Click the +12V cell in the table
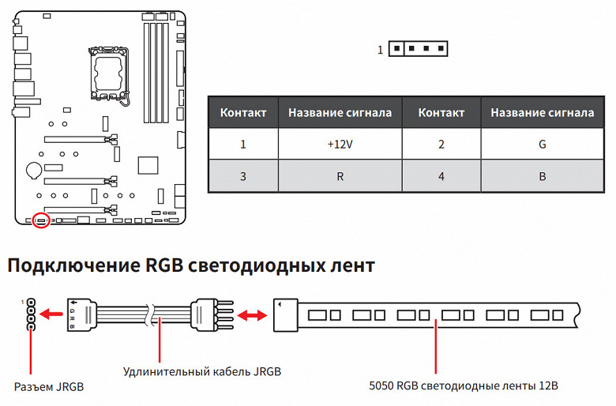click(x=340, y=145)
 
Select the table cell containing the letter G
click(x=542, y=145)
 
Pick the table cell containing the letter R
click(x=340, y=176)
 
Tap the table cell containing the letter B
click(x=542, y=176)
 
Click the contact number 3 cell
click(x=243, y=176)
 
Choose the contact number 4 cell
click(x=441, y=176)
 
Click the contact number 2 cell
click(x=441, y=145)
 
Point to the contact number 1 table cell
click(x=243, y=145)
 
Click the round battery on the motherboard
click(x=34, y=169)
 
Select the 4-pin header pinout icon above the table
click(x=418, y=50)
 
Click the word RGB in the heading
click(x=168, y=266)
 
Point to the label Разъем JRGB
click(x=48, y=387)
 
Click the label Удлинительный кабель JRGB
click(x=202, y=371)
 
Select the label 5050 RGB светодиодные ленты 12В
click(x=463, y=387)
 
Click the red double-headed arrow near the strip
click(x=252, y=316)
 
